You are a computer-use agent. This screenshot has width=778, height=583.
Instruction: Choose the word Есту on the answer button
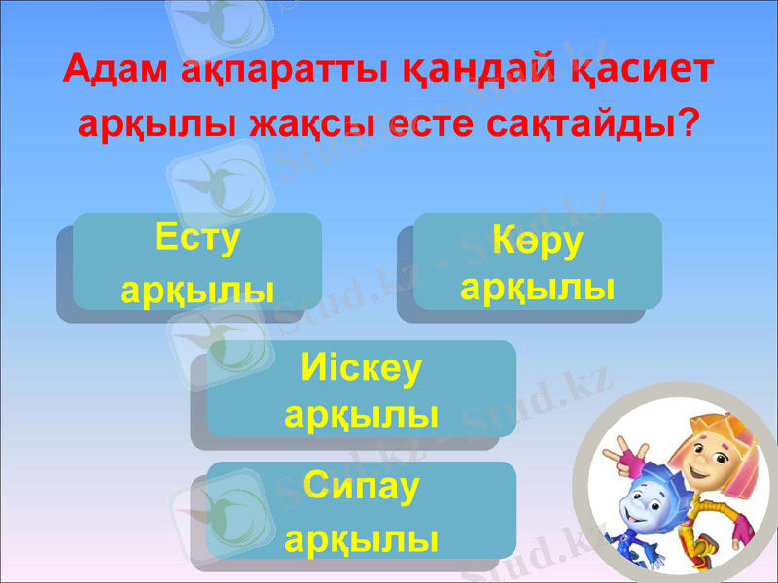point(197,238)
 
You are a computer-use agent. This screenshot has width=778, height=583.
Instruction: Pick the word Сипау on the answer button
point(361,487)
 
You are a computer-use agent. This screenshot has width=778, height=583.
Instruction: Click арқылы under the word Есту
point(197,289)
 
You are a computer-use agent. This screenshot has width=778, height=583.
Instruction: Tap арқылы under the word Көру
point(537,287)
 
